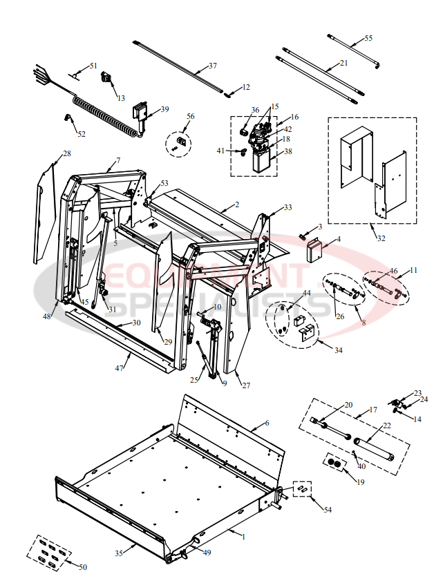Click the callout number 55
pyautogui.click(x=368, y=38)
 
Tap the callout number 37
pyautogui.click(x=212, y=66)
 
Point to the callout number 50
pyautogui.click(x=82, y=566)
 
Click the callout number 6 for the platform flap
pyautogui.click(x=266, y=422)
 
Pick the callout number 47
pyautogui.click(x=119, y=369)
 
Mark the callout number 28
pyautogui.click(x=67, y=153)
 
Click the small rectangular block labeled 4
pyautogui.click(x=315, y=249)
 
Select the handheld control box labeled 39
pyautogui.click(x=142, y=113)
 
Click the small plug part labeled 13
pyautogui.click(x=107, y=78)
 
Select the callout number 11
pyautogui.click(x=413, y=270)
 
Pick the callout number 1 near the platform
pyautogui.click(x=243, y=534)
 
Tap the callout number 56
pyautogui.click(x=190, y=116)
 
